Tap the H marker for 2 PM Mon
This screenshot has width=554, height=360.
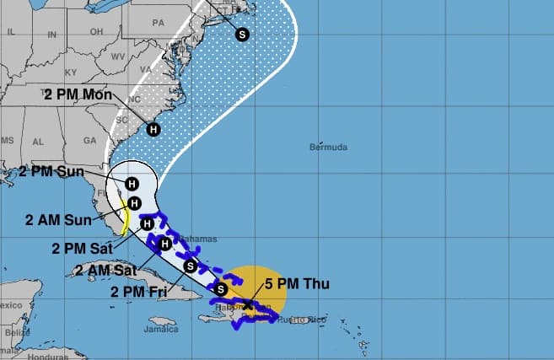[x=153, y=129]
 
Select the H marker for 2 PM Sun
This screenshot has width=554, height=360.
[x=132, y=183]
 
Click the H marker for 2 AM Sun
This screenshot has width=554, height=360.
[x=134, y=202]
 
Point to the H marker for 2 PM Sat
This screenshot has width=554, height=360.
[x=147, y=223]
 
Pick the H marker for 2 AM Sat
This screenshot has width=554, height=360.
[x=165, y=244]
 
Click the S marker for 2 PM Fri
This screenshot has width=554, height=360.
[x=191, y=266]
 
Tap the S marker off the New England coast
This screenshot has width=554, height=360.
[x=243, y=35]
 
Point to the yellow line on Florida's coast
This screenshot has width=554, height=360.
[x=125, y=221]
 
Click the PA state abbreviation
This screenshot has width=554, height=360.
[x=158, y=24]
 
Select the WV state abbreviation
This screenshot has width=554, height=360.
[x=117, y=58]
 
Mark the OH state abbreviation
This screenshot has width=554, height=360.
[x=94, y=34]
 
